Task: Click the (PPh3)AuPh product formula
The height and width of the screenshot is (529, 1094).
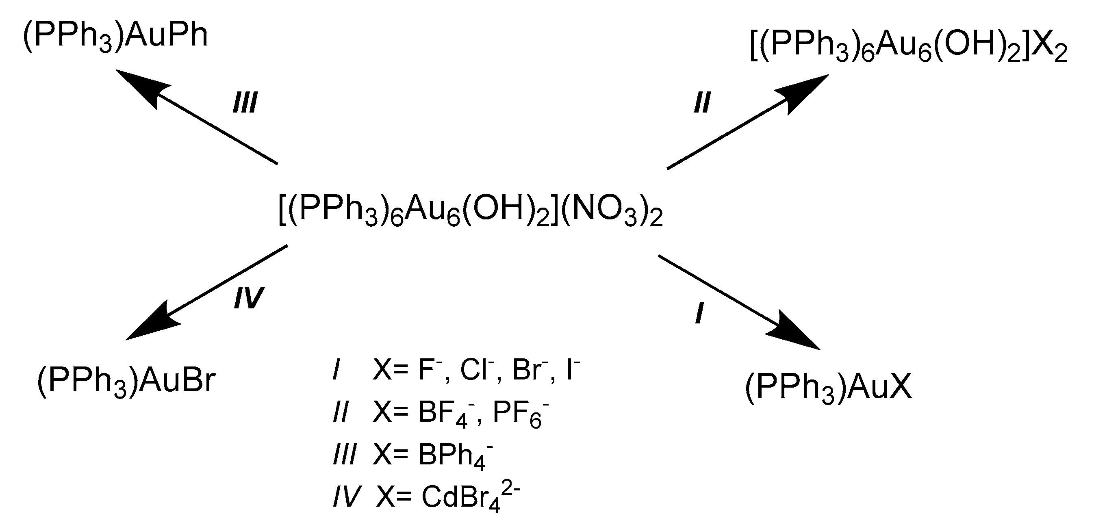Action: coord(115,37)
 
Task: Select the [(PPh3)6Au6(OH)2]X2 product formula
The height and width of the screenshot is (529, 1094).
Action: coord(908,46)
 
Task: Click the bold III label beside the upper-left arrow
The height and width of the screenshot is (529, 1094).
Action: coord(245,103)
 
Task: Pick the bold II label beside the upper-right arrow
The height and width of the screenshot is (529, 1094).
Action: coord(702,103)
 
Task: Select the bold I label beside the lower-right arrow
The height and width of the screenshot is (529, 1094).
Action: coord(699,314)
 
